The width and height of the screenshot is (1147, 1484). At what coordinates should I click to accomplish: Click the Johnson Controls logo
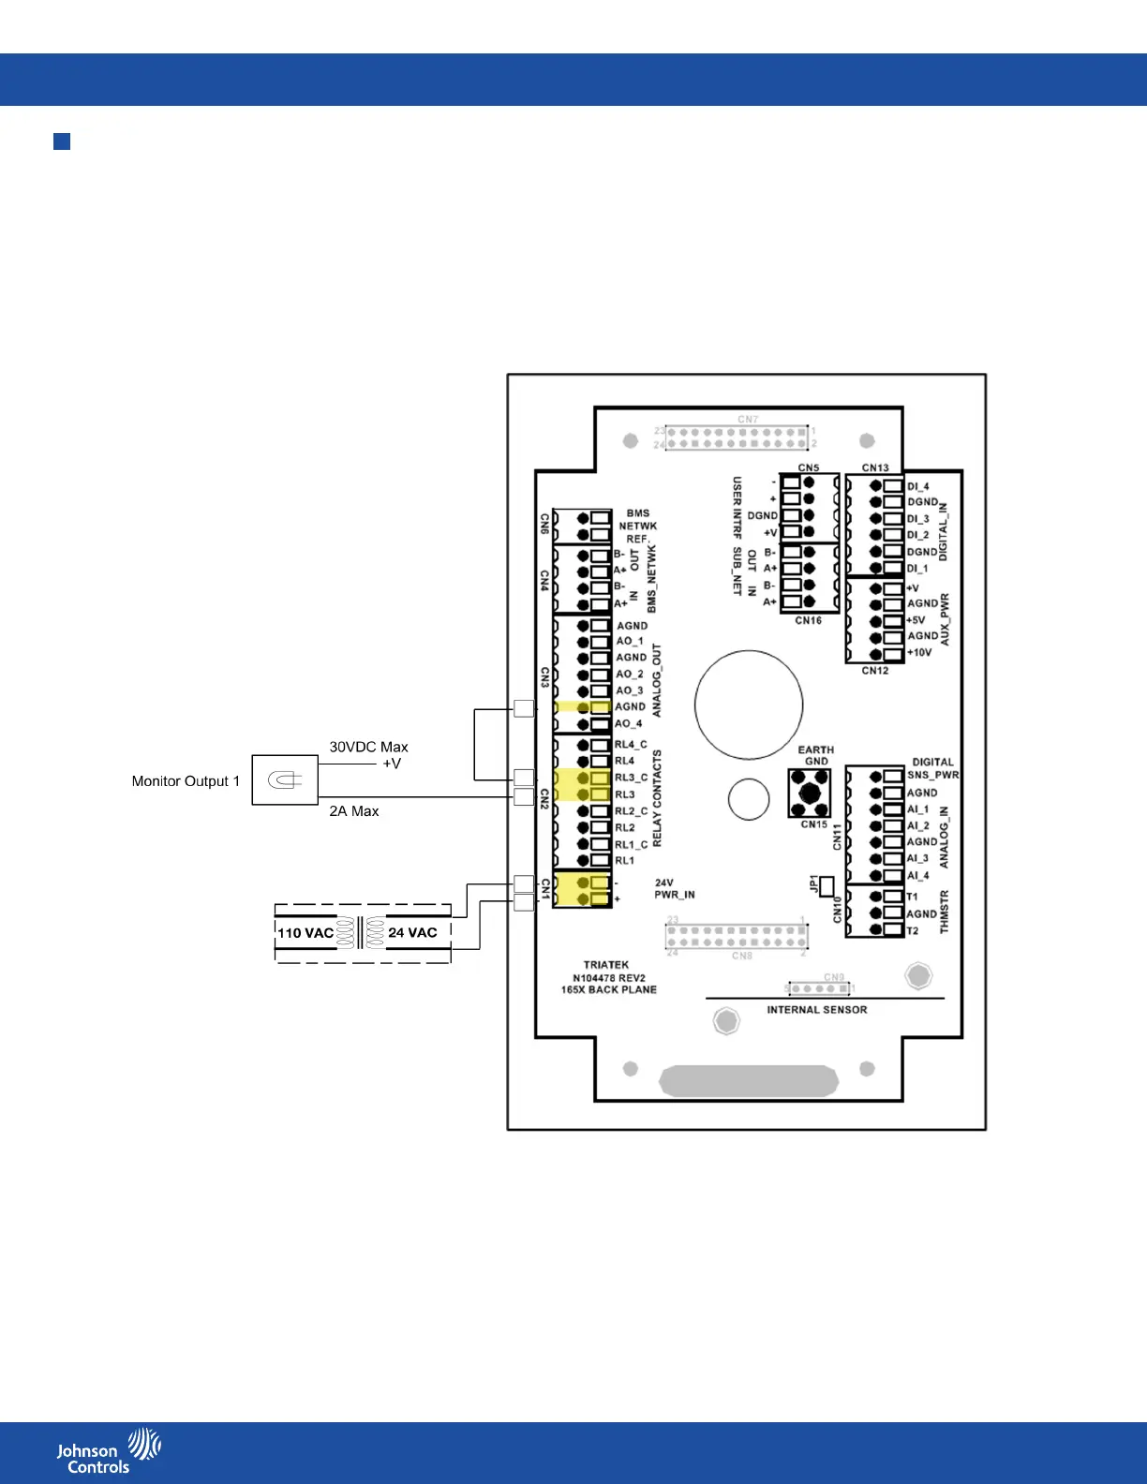point(108,1451)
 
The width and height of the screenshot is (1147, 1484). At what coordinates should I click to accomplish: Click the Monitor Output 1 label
point(186,781)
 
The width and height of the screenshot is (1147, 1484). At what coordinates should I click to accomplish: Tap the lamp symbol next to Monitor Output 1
point(285,780)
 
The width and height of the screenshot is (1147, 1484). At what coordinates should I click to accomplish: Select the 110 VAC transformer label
point(305,933)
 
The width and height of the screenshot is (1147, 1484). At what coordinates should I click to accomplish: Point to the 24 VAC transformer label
point(412,933)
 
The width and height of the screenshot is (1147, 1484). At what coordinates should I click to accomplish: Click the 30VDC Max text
point(368,747)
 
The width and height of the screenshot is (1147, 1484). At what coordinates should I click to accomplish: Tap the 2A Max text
point(353,811)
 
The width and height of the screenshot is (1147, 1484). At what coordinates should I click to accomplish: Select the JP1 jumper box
point(827,886)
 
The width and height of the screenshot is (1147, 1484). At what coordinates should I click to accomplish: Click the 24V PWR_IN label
point(674,888)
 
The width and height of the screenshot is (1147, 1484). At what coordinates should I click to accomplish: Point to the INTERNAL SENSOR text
point(816,1010)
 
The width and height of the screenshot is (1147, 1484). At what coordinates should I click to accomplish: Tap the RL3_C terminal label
point(631,778)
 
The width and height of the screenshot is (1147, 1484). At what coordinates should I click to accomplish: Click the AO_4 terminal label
point(628,723)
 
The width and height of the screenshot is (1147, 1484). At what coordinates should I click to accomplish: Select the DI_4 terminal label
point(917,486)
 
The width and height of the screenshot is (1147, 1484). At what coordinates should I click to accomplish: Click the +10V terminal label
point(918,653)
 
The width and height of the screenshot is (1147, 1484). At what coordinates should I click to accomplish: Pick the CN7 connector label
point(747,420)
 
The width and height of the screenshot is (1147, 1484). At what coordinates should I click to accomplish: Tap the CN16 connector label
point(808,620)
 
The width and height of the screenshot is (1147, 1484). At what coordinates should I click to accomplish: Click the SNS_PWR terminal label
point(932,776)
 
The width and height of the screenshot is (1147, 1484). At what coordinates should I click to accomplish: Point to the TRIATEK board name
point(606,965)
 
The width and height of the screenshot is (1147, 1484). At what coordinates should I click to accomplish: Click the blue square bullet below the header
point(62,141)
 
